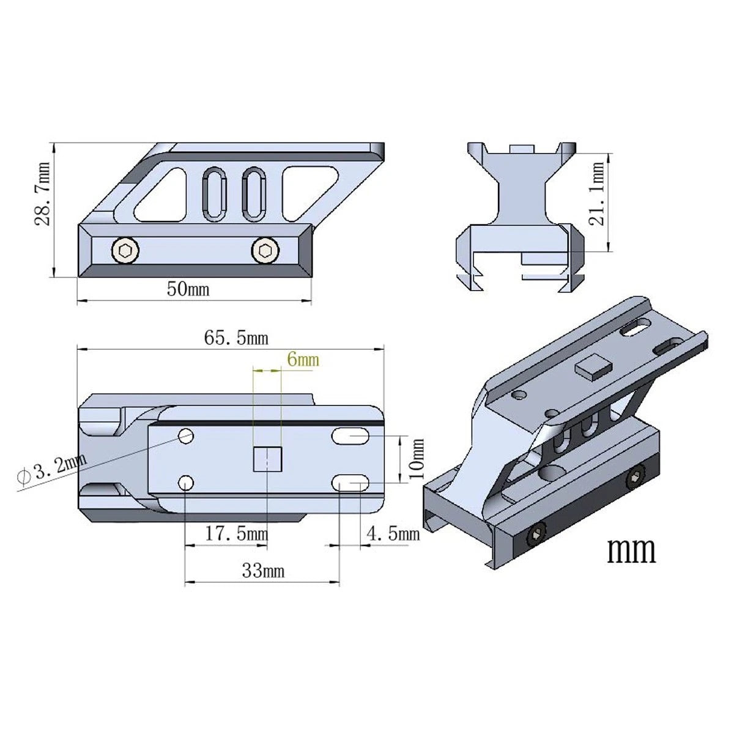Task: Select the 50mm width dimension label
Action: [188, 289]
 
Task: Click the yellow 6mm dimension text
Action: [303, 360]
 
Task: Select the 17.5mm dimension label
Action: [236, 534]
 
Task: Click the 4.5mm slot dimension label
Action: [392, 534]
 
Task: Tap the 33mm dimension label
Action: [263, 571]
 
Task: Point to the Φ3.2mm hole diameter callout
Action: [49, 470]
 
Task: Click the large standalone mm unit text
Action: [631, 550]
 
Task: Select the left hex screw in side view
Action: [125, 250]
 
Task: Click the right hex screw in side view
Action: [265, 250]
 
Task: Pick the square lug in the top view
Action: [267, 459]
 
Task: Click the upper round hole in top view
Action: [186, 436]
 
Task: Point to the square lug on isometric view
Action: [593, 367]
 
